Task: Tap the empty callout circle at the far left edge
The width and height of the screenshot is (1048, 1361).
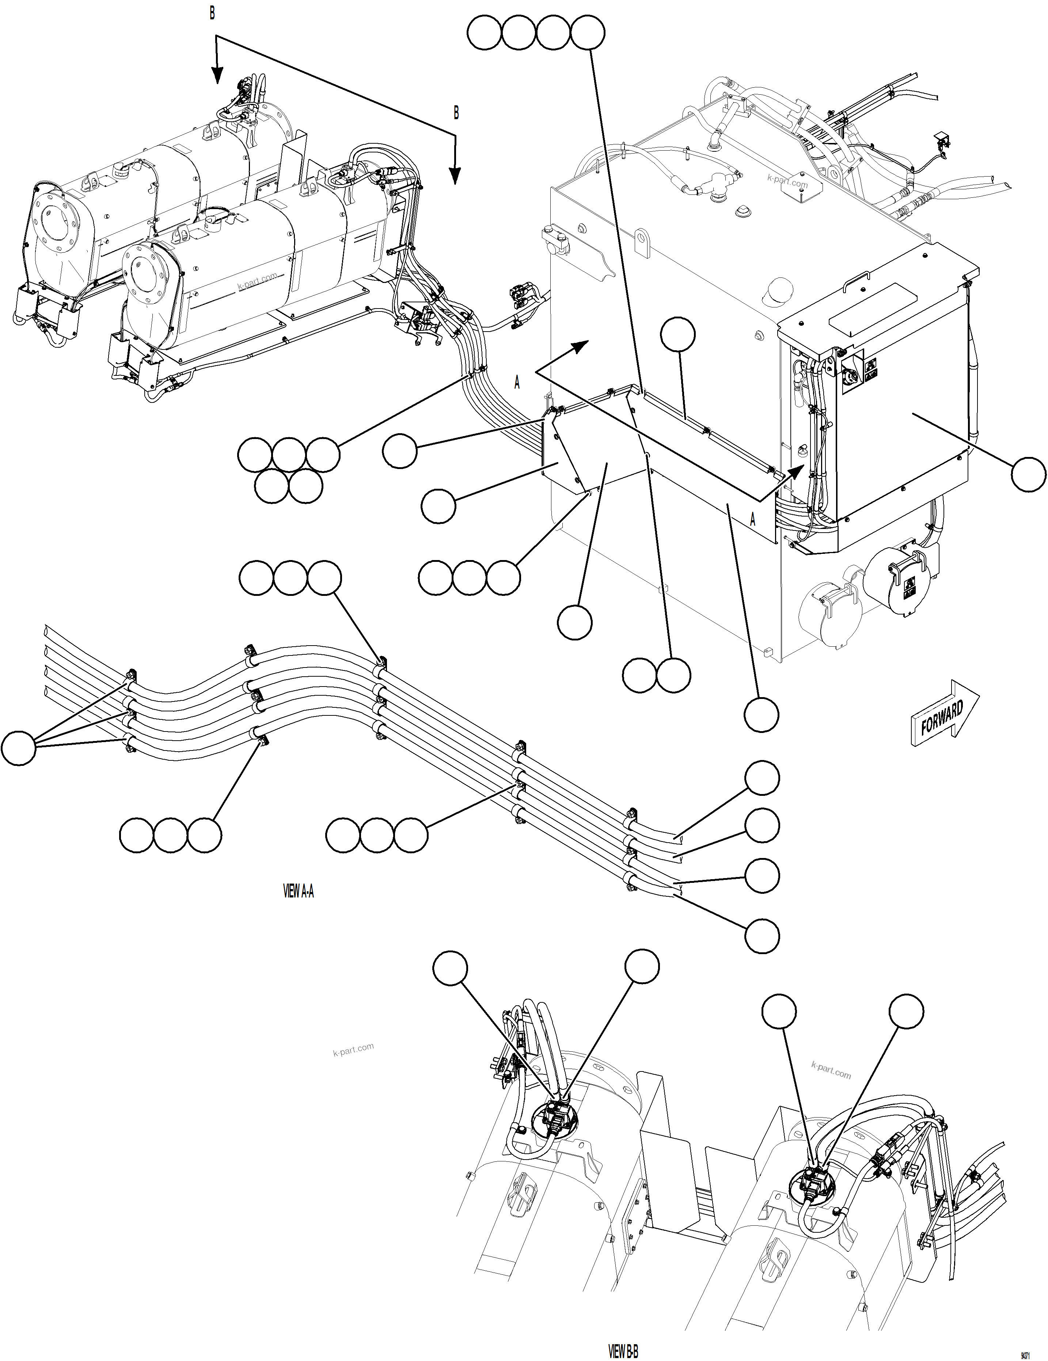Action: [x=19, y=748]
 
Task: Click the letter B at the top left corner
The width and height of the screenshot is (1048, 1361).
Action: [x=212, y=14]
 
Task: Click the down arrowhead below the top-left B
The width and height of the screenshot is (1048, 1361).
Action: [x=216, y=75]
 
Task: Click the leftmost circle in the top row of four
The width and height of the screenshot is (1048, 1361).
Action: [x=484, y=33]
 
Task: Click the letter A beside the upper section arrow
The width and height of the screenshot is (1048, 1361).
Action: [x=517, y=383]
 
